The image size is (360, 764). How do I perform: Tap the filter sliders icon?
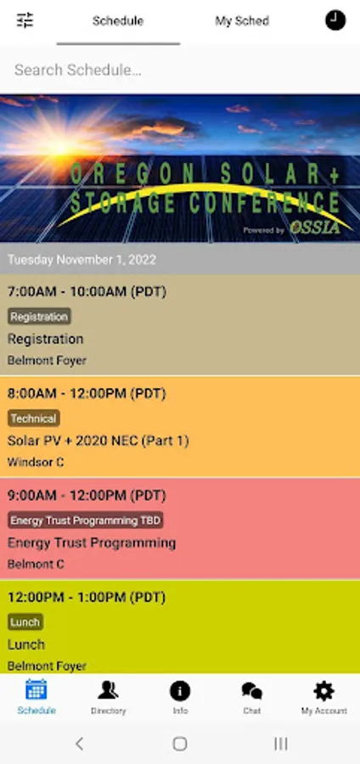pyautogui.click(x=25, y=20)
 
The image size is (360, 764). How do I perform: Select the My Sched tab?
pyautogui.click(x=242, y=21)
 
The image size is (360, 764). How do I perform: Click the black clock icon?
pyautogui.click(x=335, y=20)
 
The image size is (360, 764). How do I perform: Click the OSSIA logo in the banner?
pyautogui.click(x=315, y=227)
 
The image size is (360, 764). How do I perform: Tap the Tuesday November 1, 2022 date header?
pyautogui.click(x=82, y=259)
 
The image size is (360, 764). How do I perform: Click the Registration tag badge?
pyautogui.click(x=39, y=317)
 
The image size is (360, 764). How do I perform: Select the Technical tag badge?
pyautogui.click(x=34, y=418)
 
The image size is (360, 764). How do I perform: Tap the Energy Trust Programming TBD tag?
pyautogui.click(x=85, y=520)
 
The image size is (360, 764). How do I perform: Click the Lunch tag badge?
pyautogui.click(x=25, y=621)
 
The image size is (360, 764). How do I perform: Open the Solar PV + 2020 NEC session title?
pyautogui.click(x=98, y=441)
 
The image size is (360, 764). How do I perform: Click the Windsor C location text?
pyautogui.click(x=36, y=462)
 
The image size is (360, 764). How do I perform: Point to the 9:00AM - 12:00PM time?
pyautogui.click(x=87, y=496)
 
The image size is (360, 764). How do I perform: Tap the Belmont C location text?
pyautogui.click(x=36, y=565)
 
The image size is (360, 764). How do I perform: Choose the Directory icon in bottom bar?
pyautogui.click(x=108, y=690)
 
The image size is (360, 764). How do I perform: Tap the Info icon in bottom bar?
pyautogui.click(x=180, y=690)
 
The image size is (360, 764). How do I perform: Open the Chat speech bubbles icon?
pyautogui.click(x=252, y=691)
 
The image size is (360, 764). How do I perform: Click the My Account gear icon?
pyautogui.click(x=324, y=691)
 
